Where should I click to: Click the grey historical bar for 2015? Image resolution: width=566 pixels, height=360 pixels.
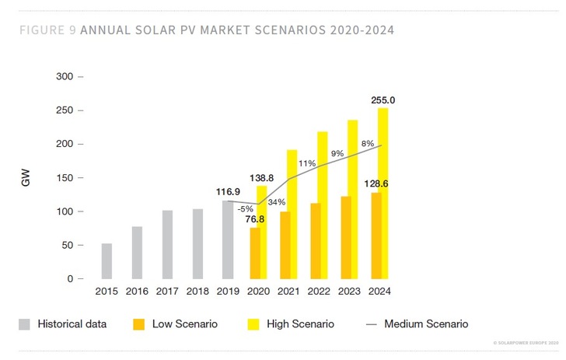click(107, 261)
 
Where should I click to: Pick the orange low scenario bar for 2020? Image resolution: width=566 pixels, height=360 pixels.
click(254, 253)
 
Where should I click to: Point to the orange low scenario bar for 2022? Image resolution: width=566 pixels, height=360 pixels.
click(315, 241)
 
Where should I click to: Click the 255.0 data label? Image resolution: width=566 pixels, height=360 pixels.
click(383, 100)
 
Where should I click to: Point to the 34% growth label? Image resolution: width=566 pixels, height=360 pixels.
click(276, 203)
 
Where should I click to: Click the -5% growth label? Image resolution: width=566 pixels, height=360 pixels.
click(246, 208)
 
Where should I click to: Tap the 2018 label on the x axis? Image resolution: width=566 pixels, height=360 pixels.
click(197, 292)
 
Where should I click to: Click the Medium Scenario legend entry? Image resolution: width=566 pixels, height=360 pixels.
click(425, 323)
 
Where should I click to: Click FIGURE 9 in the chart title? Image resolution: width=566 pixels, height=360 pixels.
click(46, 31)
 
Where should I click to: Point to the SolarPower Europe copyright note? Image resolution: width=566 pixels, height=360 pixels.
click(526, 342)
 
